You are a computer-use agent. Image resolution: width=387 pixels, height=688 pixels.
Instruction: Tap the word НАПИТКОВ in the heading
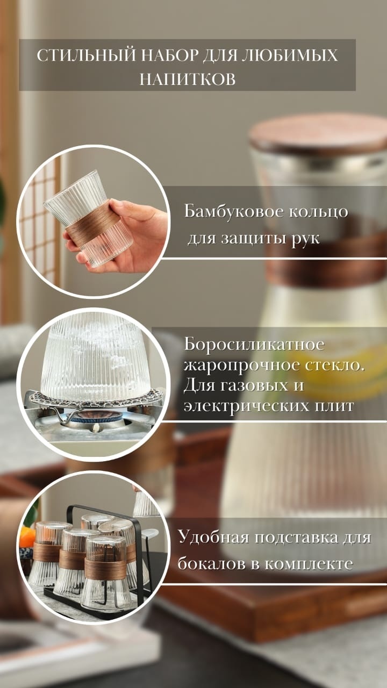point(188,79)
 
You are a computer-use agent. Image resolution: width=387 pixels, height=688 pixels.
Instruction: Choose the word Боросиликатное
point(254,345)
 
